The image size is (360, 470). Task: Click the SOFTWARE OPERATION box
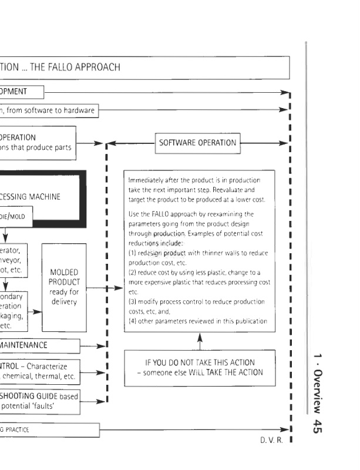coord(197,143)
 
